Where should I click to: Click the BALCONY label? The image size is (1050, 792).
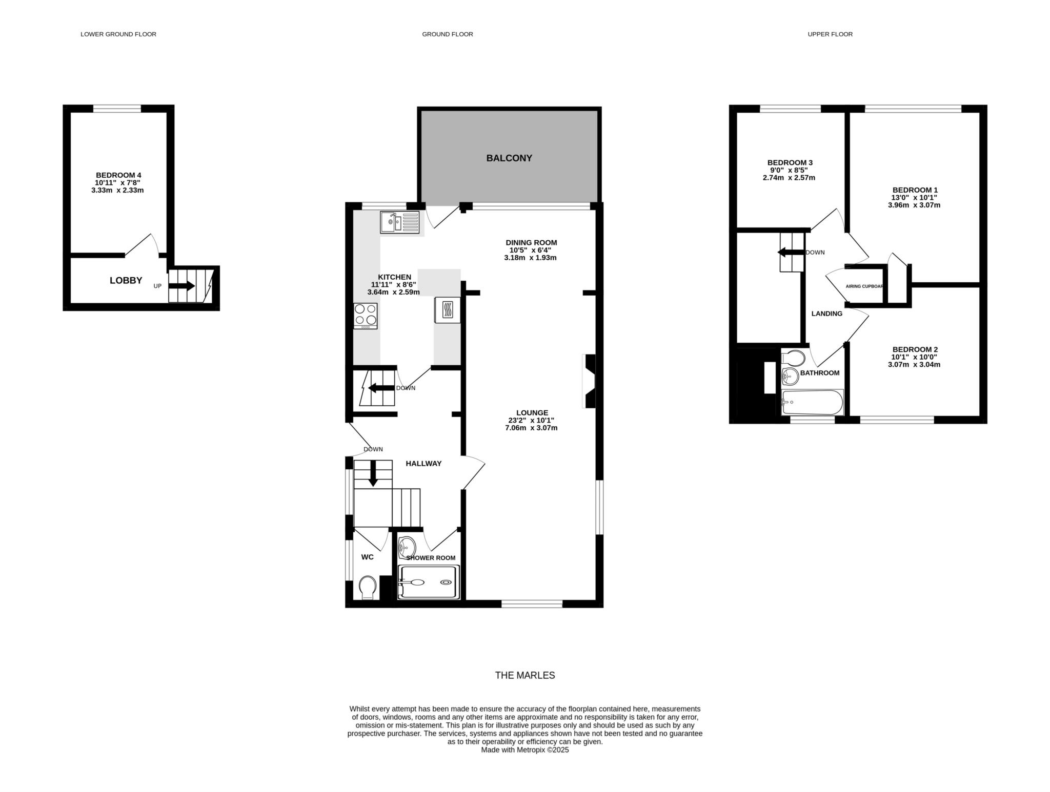(509, 158)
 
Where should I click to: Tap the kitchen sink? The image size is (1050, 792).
(399, 222)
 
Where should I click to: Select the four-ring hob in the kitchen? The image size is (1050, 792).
(366, 316)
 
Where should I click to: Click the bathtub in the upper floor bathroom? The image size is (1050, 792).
(812, 403)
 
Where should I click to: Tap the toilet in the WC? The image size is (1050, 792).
(368, 588)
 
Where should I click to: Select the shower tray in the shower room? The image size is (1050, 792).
(429, 582)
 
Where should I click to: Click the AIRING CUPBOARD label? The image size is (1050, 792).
(864, 286)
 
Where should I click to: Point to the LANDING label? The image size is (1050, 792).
(826, 314)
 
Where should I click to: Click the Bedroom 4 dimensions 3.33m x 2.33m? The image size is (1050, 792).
(117, 190)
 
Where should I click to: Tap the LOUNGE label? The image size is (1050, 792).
(532, 412)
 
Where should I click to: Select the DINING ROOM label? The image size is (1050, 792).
(531, 242)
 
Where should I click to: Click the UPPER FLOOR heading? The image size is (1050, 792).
(830, 34)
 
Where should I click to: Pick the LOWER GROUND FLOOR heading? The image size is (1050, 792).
(118, 34)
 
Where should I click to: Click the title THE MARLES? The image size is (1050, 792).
(525, 675)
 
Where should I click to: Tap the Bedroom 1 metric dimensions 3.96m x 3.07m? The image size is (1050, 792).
(914, 205)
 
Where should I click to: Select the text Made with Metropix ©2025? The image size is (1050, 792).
(525, 750)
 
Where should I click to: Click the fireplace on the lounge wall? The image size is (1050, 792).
(589, 381)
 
